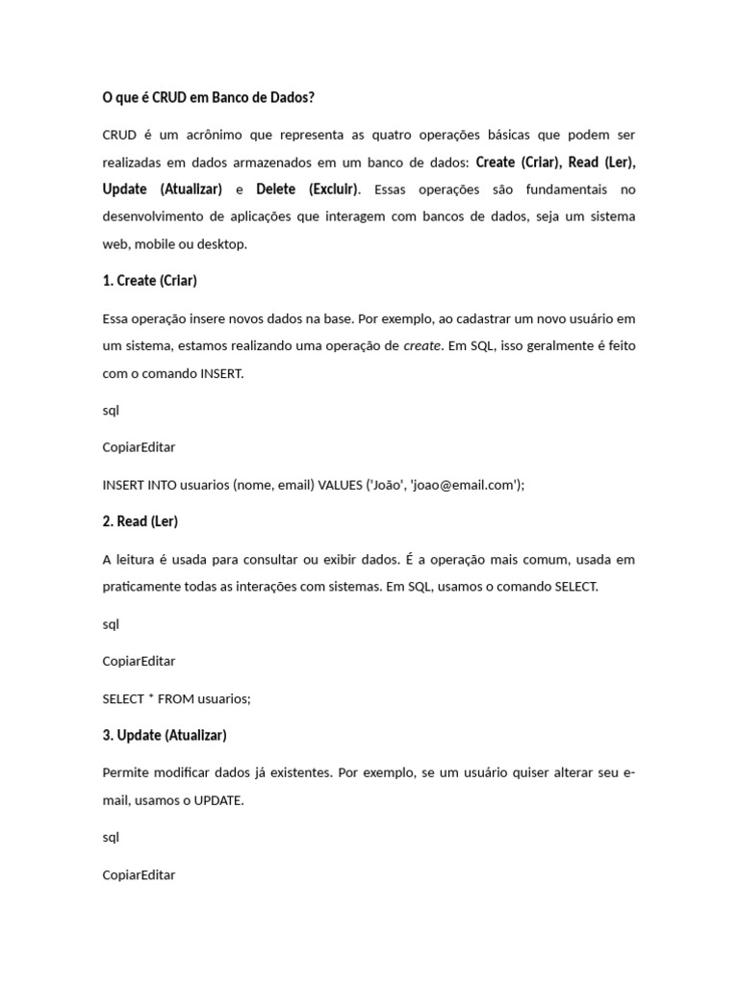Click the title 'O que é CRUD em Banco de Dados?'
(x=208, y=97)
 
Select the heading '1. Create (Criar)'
(x=149, y=281)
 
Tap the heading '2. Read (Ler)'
(x=140, y=521)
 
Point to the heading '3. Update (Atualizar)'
(x=165, y=735)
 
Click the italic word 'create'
(x=422, y=345)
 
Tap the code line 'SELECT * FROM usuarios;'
(x=176, y=698)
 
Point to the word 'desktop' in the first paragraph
(x=224, y=244)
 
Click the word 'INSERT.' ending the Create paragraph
(x=222, y=373)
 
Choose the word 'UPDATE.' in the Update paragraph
(x=219, y=800)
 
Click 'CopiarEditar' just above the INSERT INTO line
(x=139, y=447)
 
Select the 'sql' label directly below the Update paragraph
(x=111, y=837)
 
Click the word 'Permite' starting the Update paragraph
(x=125, y=772)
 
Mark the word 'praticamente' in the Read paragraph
(x=141, y=587)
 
